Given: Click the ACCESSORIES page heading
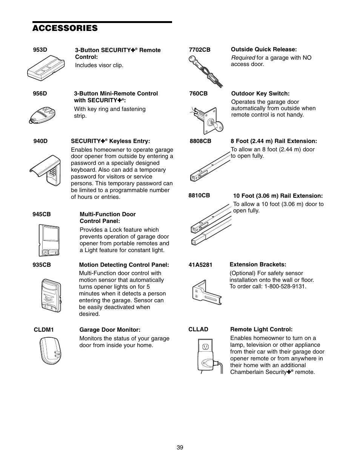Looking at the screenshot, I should (65, 28).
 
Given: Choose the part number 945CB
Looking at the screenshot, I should (42, 214).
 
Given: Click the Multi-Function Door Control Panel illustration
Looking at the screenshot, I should (49, 240).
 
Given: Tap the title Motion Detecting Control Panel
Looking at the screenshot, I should (124, 265).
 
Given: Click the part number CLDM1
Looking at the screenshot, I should (44, 330).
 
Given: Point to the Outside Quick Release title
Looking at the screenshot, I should (264, 49).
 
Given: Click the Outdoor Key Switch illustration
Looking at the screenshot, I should (206, 120).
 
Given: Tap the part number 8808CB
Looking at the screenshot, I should (200, 141).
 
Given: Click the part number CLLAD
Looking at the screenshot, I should (198, 329).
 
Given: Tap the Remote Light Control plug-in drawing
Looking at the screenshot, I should (207, 357).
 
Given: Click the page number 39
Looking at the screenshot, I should (180, 448).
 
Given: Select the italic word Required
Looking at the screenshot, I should (243, 58).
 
